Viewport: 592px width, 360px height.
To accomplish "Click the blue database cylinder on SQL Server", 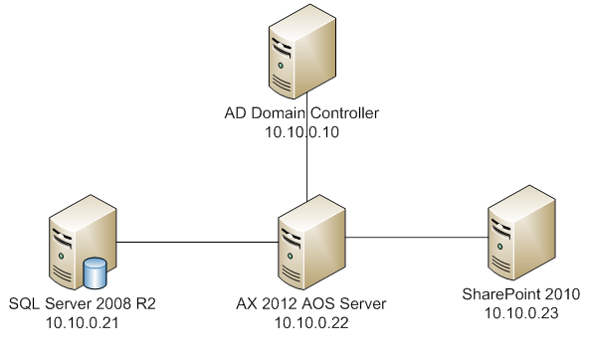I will click(x=96, y=270).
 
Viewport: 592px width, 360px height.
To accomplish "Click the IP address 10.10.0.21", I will click(x=82, y=321).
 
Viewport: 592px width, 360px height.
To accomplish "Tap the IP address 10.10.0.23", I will click(x=520, y=312).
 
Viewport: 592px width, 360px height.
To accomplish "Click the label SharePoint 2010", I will click(x=520, y=294).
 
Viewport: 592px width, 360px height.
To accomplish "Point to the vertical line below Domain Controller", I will click(x=307, y=169).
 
